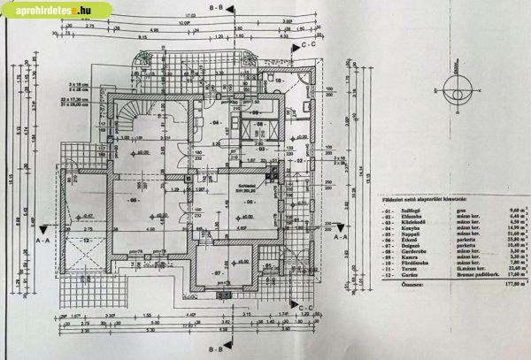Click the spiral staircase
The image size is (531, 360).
pyautogui.click(x=135, y=118)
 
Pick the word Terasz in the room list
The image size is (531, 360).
pyautogui.click(x=412, y=268)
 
